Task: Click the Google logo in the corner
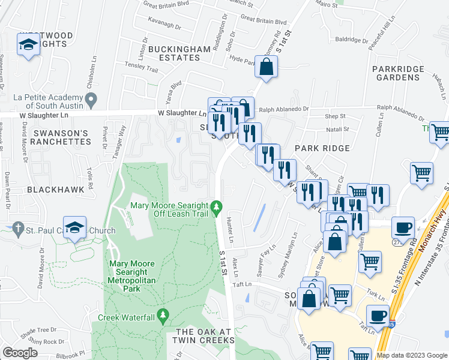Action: click(x=20, y=353)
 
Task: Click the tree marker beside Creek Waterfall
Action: click(x=162, y=316)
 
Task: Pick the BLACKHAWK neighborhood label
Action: click(x=50, y=188)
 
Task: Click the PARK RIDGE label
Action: click(x=322, y=148)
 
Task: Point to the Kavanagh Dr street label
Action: click(x=164, y=26)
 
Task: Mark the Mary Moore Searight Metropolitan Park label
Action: click(x=132, y=276)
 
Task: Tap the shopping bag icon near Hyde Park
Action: click(x=266, y=67)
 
